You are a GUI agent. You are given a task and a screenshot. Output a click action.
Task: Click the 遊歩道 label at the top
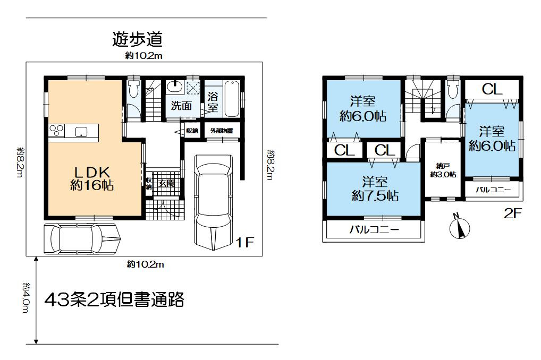[x=137, y=39]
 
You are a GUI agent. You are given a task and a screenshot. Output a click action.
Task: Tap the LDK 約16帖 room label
[x=92, y=178]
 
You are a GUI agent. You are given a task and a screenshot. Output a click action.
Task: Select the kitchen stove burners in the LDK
[x=56, y=131]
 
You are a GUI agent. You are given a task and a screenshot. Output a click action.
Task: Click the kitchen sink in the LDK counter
[x=81, y=132]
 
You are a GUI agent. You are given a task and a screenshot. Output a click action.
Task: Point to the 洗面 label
[x=181, y=105]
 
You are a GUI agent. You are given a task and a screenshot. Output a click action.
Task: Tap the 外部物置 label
[x=221, y=131]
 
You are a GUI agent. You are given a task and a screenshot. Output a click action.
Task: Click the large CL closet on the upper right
[x=492, y=89]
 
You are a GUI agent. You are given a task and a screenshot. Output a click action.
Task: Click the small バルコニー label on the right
[x=493, y=190]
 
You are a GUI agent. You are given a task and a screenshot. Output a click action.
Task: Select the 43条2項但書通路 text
[x=114, y=300]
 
